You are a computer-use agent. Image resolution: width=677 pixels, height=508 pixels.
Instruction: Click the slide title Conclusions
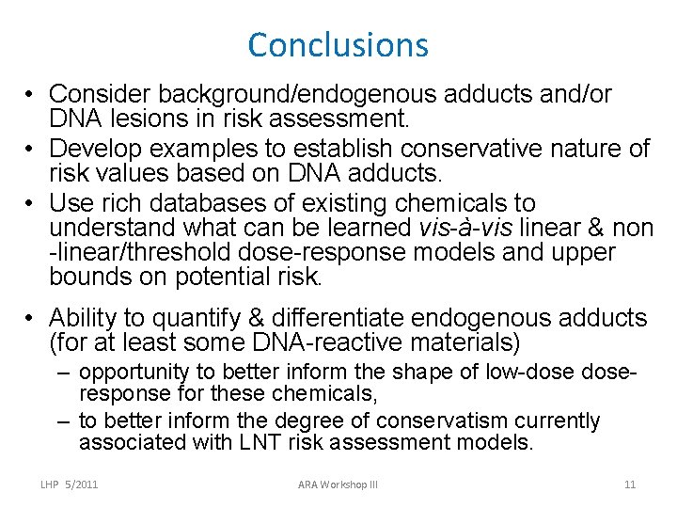(338, 44)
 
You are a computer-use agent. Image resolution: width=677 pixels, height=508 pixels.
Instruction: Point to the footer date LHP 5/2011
(71, 484)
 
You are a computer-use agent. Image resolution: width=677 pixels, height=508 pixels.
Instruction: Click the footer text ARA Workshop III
(338, 484)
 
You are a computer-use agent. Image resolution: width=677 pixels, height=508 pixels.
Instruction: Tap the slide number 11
(630, 484)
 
